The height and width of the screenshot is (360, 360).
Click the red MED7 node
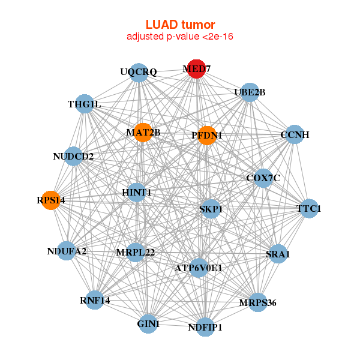click(x=196, y=69)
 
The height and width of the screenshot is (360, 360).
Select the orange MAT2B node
click(x=143, y=132)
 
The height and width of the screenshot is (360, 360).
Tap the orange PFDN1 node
click(x=206, y=136)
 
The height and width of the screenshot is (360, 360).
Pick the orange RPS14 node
click(x=51, y=200)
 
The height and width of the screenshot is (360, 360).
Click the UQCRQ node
click(x=139, y=73)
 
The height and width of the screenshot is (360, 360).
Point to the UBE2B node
click(x=250, y=92)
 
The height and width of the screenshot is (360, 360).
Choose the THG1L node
click(x=85, y=104)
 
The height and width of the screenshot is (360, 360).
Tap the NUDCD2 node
click(x=73, y=157)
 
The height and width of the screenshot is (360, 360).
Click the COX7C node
click(x=263, y=178)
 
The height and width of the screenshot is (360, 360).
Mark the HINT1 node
click(x=137, y=193)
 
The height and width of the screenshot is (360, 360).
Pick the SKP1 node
click(x=211, y=209)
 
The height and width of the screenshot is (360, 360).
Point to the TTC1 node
click(x=309, y=209)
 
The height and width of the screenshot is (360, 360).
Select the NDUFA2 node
click(x=67, y=251)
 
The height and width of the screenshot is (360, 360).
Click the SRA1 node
click(x=277, y=254)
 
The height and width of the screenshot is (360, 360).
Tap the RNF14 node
click(x=95, y=299)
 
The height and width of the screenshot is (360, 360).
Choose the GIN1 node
click(x=148, y=324)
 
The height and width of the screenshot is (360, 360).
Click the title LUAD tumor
click(x=180, y=25)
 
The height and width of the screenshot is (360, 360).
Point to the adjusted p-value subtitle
click(x=180, y=37)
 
